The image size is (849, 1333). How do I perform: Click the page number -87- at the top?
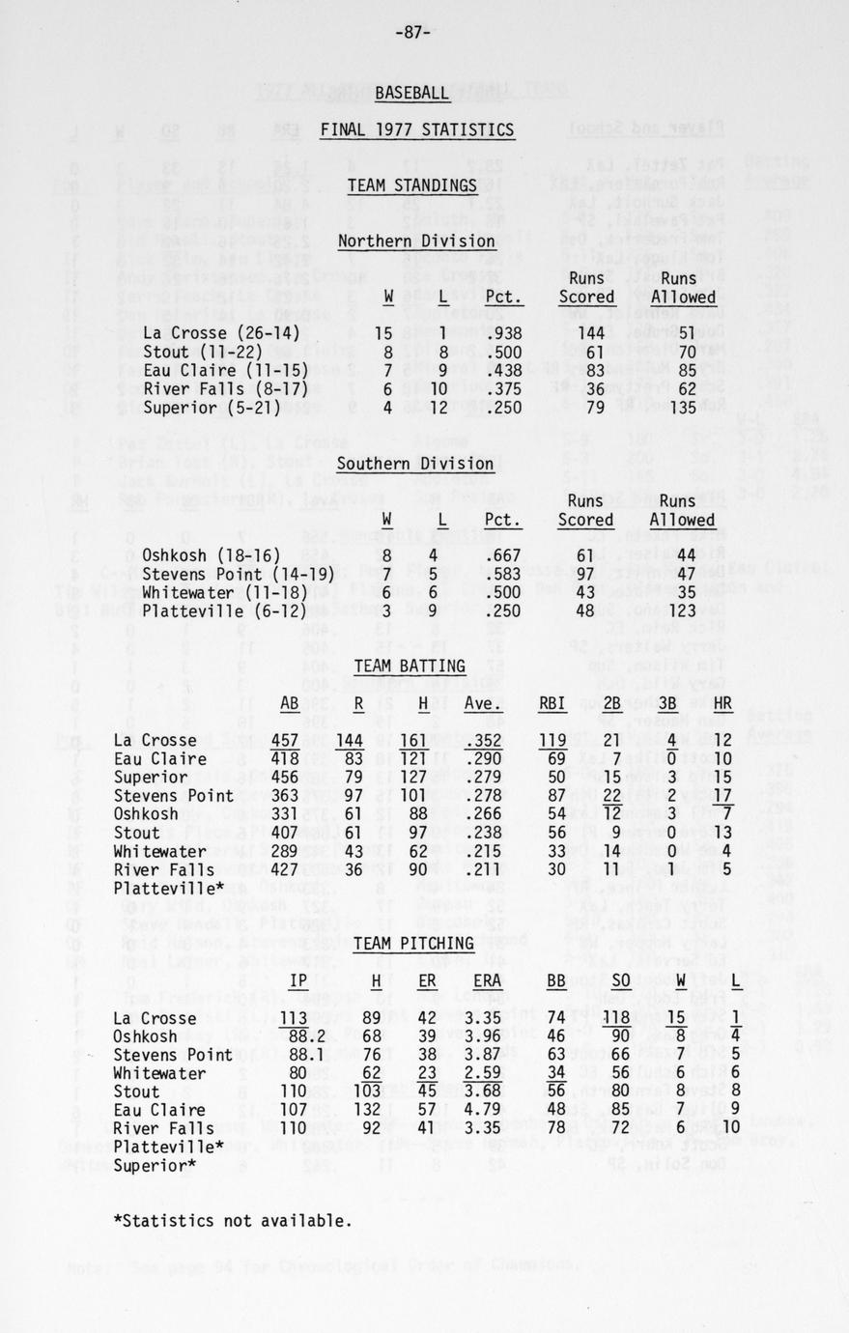click(412, 32)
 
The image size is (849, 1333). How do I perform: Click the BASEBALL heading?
click(412, 93)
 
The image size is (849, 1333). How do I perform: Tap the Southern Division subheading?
click(416, 464)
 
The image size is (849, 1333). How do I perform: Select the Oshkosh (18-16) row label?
click(212, 555)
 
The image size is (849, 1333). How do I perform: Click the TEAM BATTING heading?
click(410, 666)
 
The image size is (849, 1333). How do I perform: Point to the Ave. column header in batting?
click(482, 704)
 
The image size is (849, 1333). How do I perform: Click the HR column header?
click(723, 704)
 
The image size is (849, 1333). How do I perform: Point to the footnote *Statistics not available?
click(233, 1220)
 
